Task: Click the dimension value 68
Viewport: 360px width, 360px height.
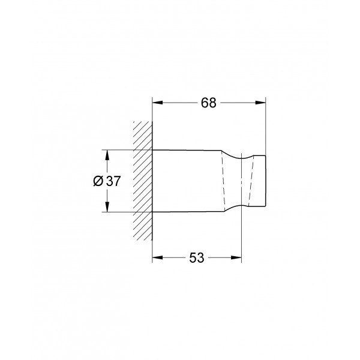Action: [x=208, y=103]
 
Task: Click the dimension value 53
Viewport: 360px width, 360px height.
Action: [x=197, y=257]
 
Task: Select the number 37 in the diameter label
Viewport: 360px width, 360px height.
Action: [x=113, y=181]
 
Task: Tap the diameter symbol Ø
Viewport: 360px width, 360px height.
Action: [x=98, y=181]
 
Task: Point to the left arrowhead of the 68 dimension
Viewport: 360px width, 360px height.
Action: [x=157, y=103]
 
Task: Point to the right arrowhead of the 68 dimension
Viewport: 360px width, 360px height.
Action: [x=260, y=103]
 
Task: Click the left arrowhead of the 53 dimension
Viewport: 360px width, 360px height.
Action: [x=157, y=257]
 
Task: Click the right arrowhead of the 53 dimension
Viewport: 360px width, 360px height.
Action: [x=236, y=257]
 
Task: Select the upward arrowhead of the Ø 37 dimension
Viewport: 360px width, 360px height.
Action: [x=107, y=155]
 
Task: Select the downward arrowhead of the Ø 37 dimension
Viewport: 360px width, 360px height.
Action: [x=107, y=206]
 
